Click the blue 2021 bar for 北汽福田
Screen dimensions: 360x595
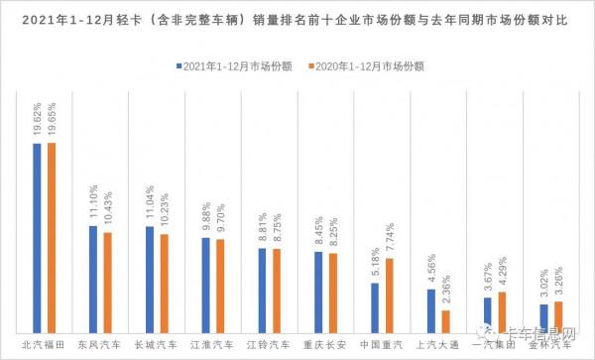tap(37, 237)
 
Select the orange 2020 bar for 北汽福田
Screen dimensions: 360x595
tap(51, 237)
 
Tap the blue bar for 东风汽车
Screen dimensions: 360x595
tap(93, 279)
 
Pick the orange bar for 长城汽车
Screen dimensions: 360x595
tap(164, 283)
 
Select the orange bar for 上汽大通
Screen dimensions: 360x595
tap(446, 321)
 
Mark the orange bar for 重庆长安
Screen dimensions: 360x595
tap(333, 293)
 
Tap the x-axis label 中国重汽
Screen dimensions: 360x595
tap(383, 346)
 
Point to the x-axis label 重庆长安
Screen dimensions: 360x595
tap(326, 346)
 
